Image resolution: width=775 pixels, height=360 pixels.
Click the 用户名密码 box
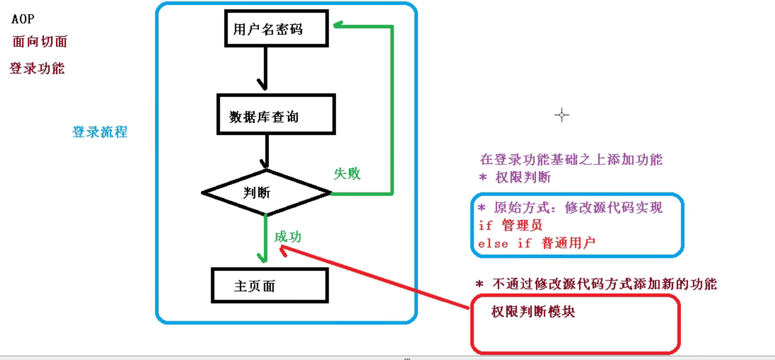pyautogui.click(x=268, y=29)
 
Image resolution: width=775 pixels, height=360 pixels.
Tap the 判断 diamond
pyautogui.click(x=266, y=193)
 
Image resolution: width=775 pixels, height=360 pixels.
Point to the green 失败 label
pyautogui.click(x=348, y=174)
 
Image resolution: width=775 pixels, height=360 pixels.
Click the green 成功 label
pyautogui.click(x=288, y=237)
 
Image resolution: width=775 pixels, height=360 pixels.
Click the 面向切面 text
pyautogui.click(x=40, y=42)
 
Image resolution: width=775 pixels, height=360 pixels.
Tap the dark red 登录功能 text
pyautogui.click(x=37, y=68)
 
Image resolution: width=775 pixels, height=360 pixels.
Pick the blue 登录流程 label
pyautogui.click(x=100, y=132)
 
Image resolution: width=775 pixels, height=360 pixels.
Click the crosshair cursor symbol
pyautogui.click(x=561, y=115)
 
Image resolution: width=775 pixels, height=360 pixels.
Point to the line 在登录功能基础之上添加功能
pyautogui.click(x=571, y=160)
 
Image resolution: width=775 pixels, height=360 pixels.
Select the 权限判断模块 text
pyautogui.click(x=533, y=312)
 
